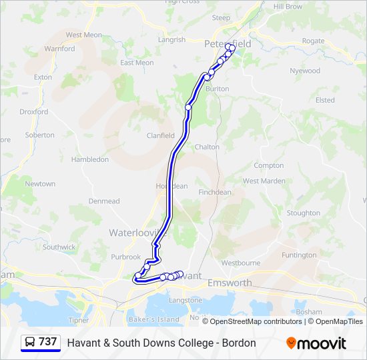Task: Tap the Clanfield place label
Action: (160, 135)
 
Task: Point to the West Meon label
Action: (83, 35)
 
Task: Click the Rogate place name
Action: (313, 41)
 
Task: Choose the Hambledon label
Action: (89, 159)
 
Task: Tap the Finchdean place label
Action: (215, 192)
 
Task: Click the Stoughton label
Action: (303, 213)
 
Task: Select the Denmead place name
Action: (103, 201)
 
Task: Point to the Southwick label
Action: (59, 247)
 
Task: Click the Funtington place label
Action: (299, 255)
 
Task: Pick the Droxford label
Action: (34, 112)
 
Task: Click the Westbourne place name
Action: (241, 263)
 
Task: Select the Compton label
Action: (269, 165)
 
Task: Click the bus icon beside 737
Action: (30, 342)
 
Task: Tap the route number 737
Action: (48, 342)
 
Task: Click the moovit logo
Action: (316, 343)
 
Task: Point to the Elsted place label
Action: (325, 100)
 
